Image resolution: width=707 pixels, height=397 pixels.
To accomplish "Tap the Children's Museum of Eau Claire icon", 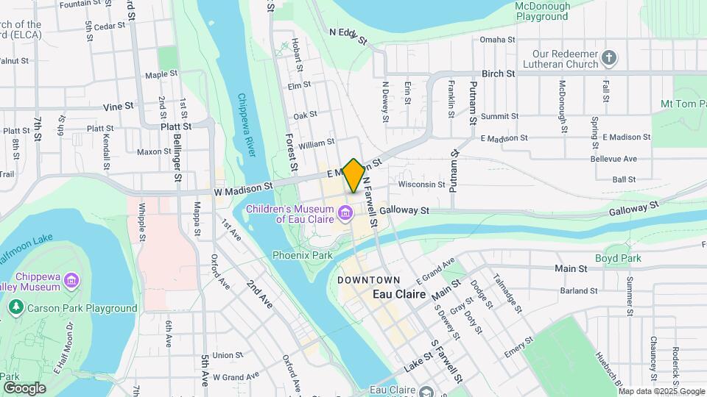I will click(x=345, y=215).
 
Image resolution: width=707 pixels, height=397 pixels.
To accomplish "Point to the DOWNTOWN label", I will click(x=369, y=280).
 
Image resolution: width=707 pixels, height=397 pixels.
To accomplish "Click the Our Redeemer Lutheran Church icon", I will click(x=608, y=57).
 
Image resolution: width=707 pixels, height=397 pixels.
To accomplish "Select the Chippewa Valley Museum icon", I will click(x=71, y=279).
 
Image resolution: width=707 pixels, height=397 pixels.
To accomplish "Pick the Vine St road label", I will click(x=119, y=106).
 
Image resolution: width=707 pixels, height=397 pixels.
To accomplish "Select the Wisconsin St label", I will click(x=422, y=185).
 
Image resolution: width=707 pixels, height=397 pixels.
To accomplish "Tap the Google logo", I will click(x=24, y=387).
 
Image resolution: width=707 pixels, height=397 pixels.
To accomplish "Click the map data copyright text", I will click(x=661, y=391).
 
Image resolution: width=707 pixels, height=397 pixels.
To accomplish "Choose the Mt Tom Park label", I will click(x=683, y=104).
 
